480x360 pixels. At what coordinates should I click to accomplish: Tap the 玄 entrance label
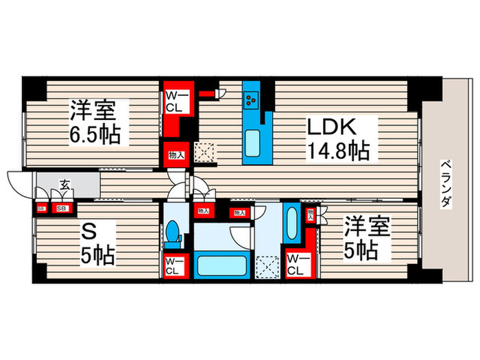click(x=64, y=184)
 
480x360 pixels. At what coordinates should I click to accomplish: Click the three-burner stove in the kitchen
click(x=250, y=99)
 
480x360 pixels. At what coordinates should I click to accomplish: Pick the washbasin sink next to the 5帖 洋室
click(x=289, y=226)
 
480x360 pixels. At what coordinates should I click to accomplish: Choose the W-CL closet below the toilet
click(x=172, y=265)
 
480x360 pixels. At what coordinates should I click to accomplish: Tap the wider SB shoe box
click(x=61, y=208)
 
